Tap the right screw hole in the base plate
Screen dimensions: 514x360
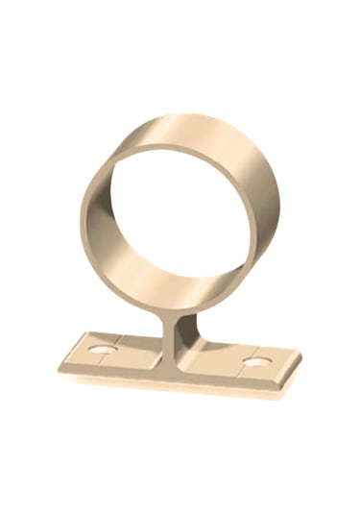coord(254,362)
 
